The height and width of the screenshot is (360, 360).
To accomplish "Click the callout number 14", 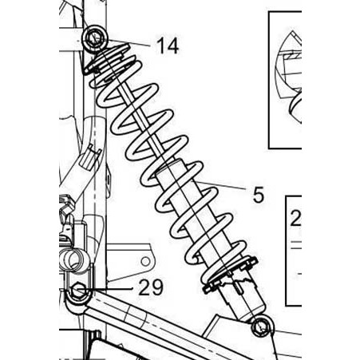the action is pos(168,45).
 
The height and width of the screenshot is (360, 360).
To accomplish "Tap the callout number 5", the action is pos(258,195).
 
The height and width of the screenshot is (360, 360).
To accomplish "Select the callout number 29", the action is pos(151,287).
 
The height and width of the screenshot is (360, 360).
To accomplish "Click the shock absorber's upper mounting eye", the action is pos(95,38).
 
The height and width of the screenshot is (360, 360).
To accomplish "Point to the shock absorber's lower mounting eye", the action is pos(262,326).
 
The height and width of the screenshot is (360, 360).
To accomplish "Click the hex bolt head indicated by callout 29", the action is pos(78,290).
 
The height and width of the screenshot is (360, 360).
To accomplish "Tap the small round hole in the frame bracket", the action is pos(145,262).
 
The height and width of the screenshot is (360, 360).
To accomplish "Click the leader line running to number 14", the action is pos(129,43).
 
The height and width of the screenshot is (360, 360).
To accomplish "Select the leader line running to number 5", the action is pos(221,185).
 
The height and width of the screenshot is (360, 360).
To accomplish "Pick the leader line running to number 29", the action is pos(105,288).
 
